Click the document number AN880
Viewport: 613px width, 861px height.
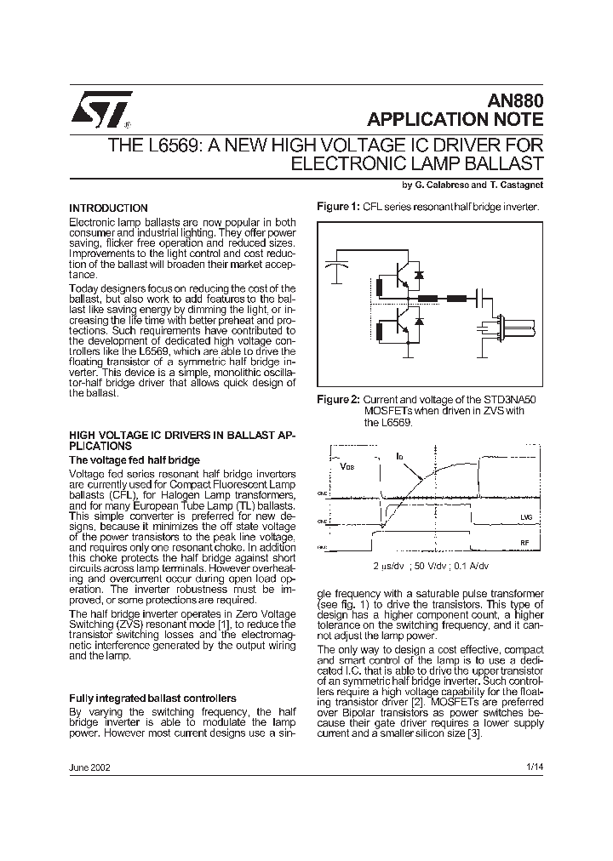click(x=517, y=100)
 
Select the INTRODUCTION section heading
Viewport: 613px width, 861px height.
click(x=108, y=208)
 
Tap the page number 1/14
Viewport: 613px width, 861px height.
click(x=535, y=767)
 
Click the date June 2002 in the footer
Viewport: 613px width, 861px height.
click(x=89, y=767)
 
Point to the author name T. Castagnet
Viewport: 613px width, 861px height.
click(x=516, y=185)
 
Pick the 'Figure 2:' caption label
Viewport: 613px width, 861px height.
click(x=338, y=399)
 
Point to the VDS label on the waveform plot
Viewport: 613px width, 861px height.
click(x=348, y=467)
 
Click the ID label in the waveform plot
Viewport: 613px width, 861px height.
click(x=399, y=457)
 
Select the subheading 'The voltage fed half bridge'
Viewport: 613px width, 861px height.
click(x=134, y=459)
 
